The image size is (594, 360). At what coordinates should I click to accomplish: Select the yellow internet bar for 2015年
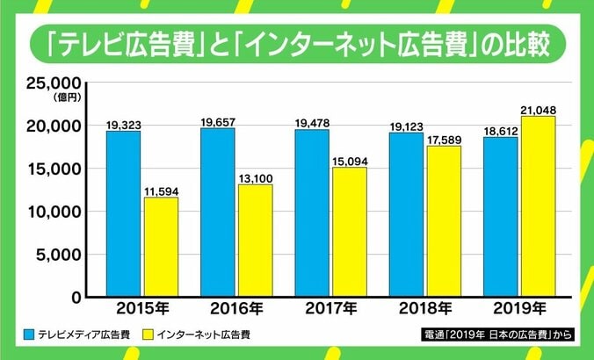[161, 247]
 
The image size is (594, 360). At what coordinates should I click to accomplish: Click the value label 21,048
[537, 109]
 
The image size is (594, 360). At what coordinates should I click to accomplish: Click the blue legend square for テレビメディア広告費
[29, 335]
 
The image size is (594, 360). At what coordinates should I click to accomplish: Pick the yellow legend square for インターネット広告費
[147, 335]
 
